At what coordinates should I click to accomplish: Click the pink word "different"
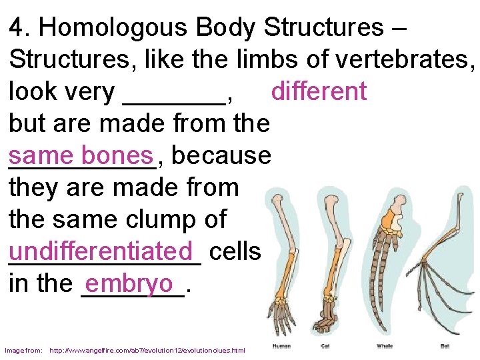click(319, 91)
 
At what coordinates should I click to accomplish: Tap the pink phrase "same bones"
click(81, 155)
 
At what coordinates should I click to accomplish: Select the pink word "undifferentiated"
click(105, 251)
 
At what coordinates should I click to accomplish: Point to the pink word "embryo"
click(129, 283)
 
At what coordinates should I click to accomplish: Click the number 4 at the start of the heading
click(16, 27)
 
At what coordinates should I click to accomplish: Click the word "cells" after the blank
click(235, 251)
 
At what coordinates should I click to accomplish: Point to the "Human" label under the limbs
click(281, 346)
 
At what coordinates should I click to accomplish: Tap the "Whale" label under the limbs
click(385, 346)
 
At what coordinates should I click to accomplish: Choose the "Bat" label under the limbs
click(445, 346)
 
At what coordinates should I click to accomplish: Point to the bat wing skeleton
click(443, 280)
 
